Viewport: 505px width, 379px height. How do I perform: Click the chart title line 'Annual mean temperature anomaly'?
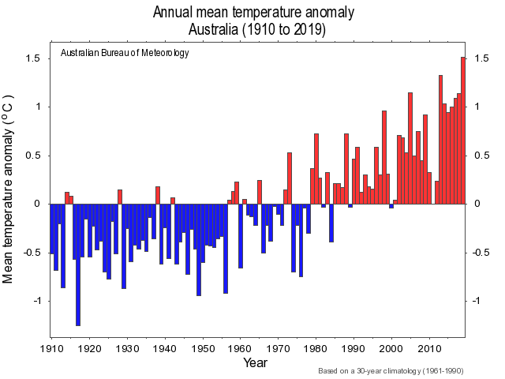click(253, 13)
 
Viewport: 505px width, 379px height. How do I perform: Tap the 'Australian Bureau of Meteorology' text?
click(125, 54)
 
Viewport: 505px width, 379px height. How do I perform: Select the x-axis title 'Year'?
click(255, 363)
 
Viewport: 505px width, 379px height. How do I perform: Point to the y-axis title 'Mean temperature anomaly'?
click(9, 189)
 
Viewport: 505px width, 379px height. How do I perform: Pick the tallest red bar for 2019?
click(463, 130)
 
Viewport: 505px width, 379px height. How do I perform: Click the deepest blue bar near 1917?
click(78, 265)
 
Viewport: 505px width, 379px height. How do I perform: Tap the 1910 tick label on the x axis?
click(51, 348)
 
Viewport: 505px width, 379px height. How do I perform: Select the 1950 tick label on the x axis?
click(203, 348)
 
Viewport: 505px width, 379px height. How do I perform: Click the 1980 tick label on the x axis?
click(316, 348)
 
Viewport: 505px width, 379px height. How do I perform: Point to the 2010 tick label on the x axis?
click(430, 348)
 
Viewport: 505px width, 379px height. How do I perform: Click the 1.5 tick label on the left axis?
click(32, 58)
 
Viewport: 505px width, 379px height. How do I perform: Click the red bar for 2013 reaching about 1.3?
click(440, 140)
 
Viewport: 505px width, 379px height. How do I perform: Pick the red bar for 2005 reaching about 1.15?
click(410, 148)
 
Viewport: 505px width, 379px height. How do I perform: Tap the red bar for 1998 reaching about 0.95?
click(384, 157)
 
